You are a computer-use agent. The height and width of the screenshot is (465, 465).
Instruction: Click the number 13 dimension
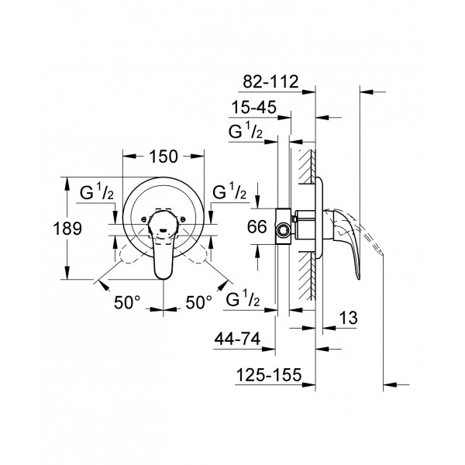(347, 319)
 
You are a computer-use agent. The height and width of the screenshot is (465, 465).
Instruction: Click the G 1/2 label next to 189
(99, 191)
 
